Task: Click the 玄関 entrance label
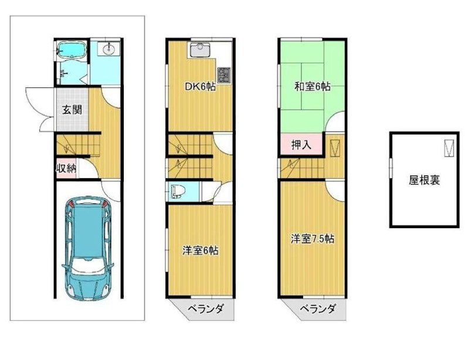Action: coord(72,110)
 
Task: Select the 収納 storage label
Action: coord(65,168)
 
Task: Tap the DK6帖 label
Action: coord(200,87)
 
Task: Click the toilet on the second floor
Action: coord(178,192)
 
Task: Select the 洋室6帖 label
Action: coord(200,250)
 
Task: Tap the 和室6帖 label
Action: coord(312,87)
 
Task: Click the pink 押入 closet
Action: coord(301,144)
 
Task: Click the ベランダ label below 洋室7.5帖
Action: coord(318,309)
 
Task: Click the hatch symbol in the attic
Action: coord(448,148)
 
